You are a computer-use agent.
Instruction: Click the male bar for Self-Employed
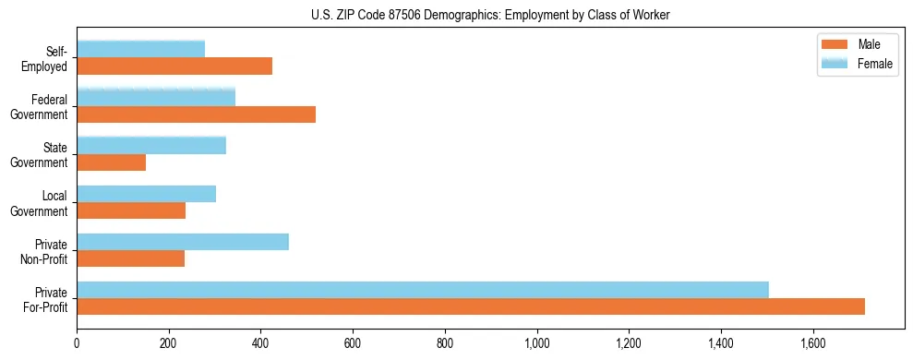point(174,66)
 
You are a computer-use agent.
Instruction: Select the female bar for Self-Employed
point(140,49)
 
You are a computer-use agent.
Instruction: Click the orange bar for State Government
point(111,162)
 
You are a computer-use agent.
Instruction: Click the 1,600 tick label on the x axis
point(812,344)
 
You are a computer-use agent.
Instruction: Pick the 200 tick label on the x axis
point(169,344)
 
